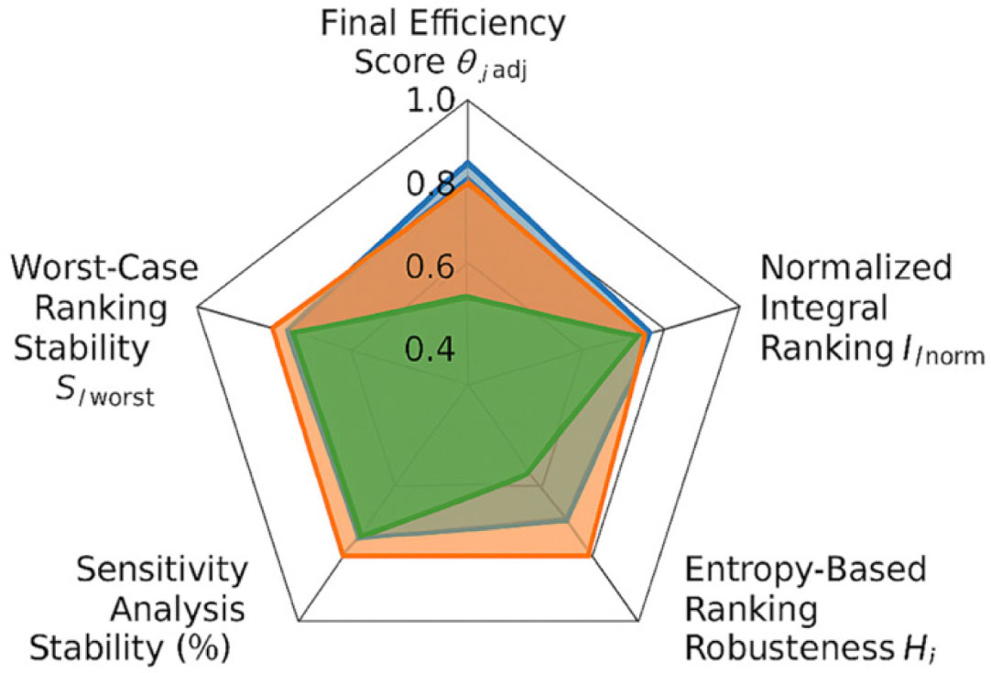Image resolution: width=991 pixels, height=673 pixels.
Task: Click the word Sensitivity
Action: (162, 570)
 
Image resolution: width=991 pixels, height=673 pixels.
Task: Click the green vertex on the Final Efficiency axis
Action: (468, 297)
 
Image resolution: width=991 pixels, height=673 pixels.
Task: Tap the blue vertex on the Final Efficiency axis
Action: (468, 163)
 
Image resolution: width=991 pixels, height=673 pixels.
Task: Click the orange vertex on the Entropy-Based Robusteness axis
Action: (589, 554)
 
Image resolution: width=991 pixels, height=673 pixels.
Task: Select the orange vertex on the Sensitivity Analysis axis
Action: (343, 554)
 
